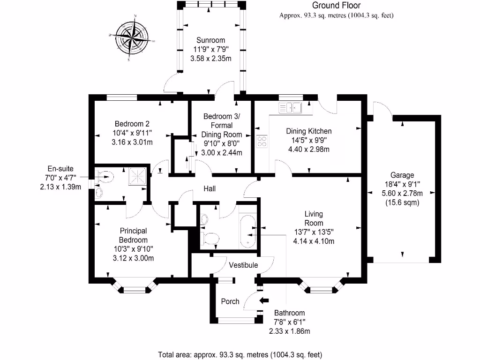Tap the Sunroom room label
click(210, 40)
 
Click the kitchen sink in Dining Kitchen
click(290, 108)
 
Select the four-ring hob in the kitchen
click(262, 141)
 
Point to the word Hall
click(209, 188)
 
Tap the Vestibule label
click(243, 265)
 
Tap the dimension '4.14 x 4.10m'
click(314, 241)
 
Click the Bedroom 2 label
click(132, 124)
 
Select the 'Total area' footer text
click(240, 354)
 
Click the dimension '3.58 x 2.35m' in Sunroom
click(210, 58)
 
